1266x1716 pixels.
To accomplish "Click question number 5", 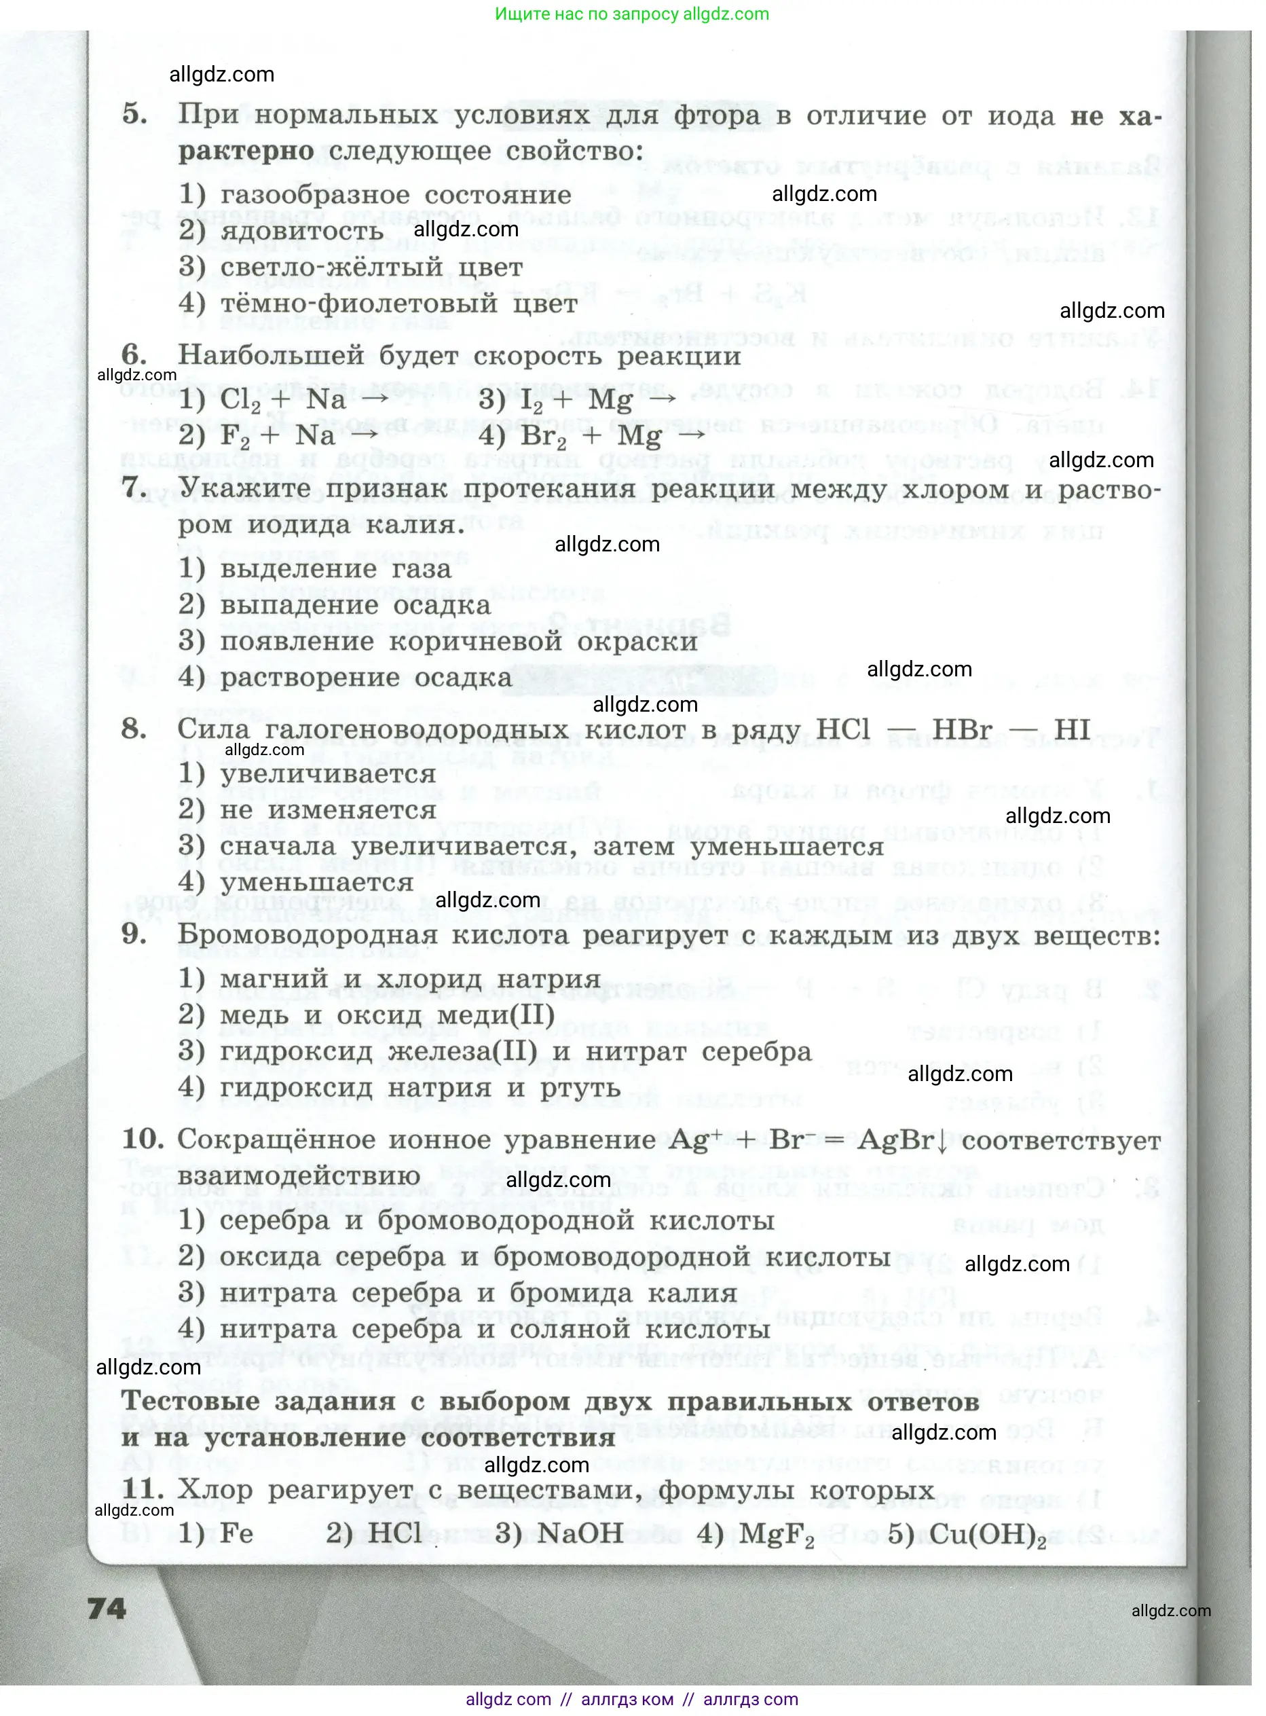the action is tap(135, 114).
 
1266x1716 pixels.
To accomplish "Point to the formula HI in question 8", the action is tap(1071, 729).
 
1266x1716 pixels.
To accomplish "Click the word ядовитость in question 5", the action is tap(301, 232).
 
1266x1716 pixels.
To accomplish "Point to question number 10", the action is tap(143, 1139).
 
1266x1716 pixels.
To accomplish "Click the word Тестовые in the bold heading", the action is tap(190, 1401).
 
